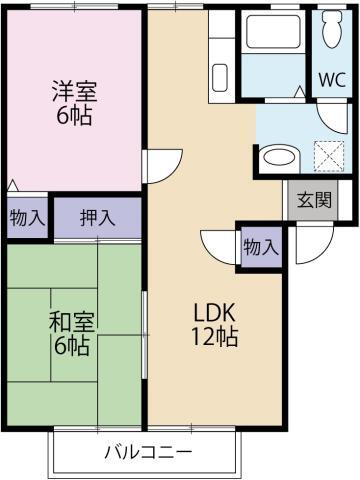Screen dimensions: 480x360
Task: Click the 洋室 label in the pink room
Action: point(75,91)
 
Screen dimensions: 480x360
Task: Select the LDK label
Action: point(215,309)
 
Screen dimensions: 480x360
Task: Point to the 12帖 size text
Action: point(215,337)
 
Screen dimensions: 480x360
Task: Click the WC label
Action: point(331,80)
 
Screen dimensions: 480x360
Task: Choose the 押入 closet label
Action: point(96,217)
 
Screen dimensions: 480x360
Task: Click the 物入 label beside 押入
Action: point(27,217)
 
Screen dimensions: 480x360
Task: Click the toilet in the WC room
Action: point(330,35)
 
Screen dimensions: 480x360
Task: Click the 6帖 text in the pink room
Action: point(75,115)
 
